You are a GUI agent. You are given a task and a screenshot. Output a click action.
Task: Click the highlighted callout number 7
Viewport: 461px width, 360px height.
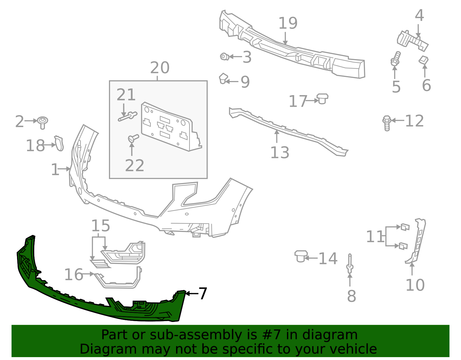coord(203,293)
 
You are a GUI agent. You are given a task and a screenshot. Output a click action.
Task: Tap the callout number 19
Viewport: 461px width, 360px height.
coord(288,23)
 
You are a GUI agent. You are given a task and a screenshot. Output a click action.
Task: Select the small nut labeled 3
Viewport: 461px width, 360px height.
coord(224,56)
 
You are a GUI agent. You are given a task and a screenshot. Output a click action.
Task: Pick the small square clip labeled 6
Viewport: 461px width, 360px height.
coord(423,60)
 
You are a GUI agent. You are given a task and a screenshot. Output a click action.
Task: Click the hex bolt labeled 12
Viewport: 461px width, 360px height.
coord(387,123)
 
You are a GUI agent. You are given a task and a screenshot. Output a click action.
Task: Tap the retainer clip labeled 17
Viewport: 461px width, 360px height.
coord(322,99)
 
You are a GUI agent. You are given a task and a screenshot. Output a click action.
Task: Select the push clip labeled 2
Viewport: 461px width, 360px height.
coord(43,122)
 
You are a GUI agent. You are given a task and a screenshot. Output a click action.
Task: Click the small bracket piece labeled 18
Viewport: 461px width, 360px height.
coord(59,143)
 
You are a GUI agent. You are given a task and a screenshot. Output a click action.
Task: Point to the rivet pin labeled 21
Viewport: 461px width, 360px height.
coord(128,116)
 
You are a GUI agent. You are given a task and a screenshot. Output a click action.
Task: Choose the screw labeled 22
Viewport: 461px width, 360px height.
coord(133,138)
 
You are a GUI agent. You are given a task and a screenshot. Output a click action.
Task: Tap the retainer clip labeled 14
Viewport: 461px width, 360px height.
coord(301,256)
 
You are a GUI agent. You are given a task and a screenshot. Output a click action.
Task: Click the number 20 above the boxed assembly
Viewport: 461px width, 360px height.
coord(160,68)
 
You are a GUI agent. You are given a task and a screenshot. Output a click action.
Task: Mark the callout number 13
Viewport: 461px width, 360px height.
coord(279,153)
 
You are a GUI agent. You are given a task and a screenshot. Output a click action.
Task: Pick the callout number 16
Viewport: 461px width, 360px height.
coord(73,274)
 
